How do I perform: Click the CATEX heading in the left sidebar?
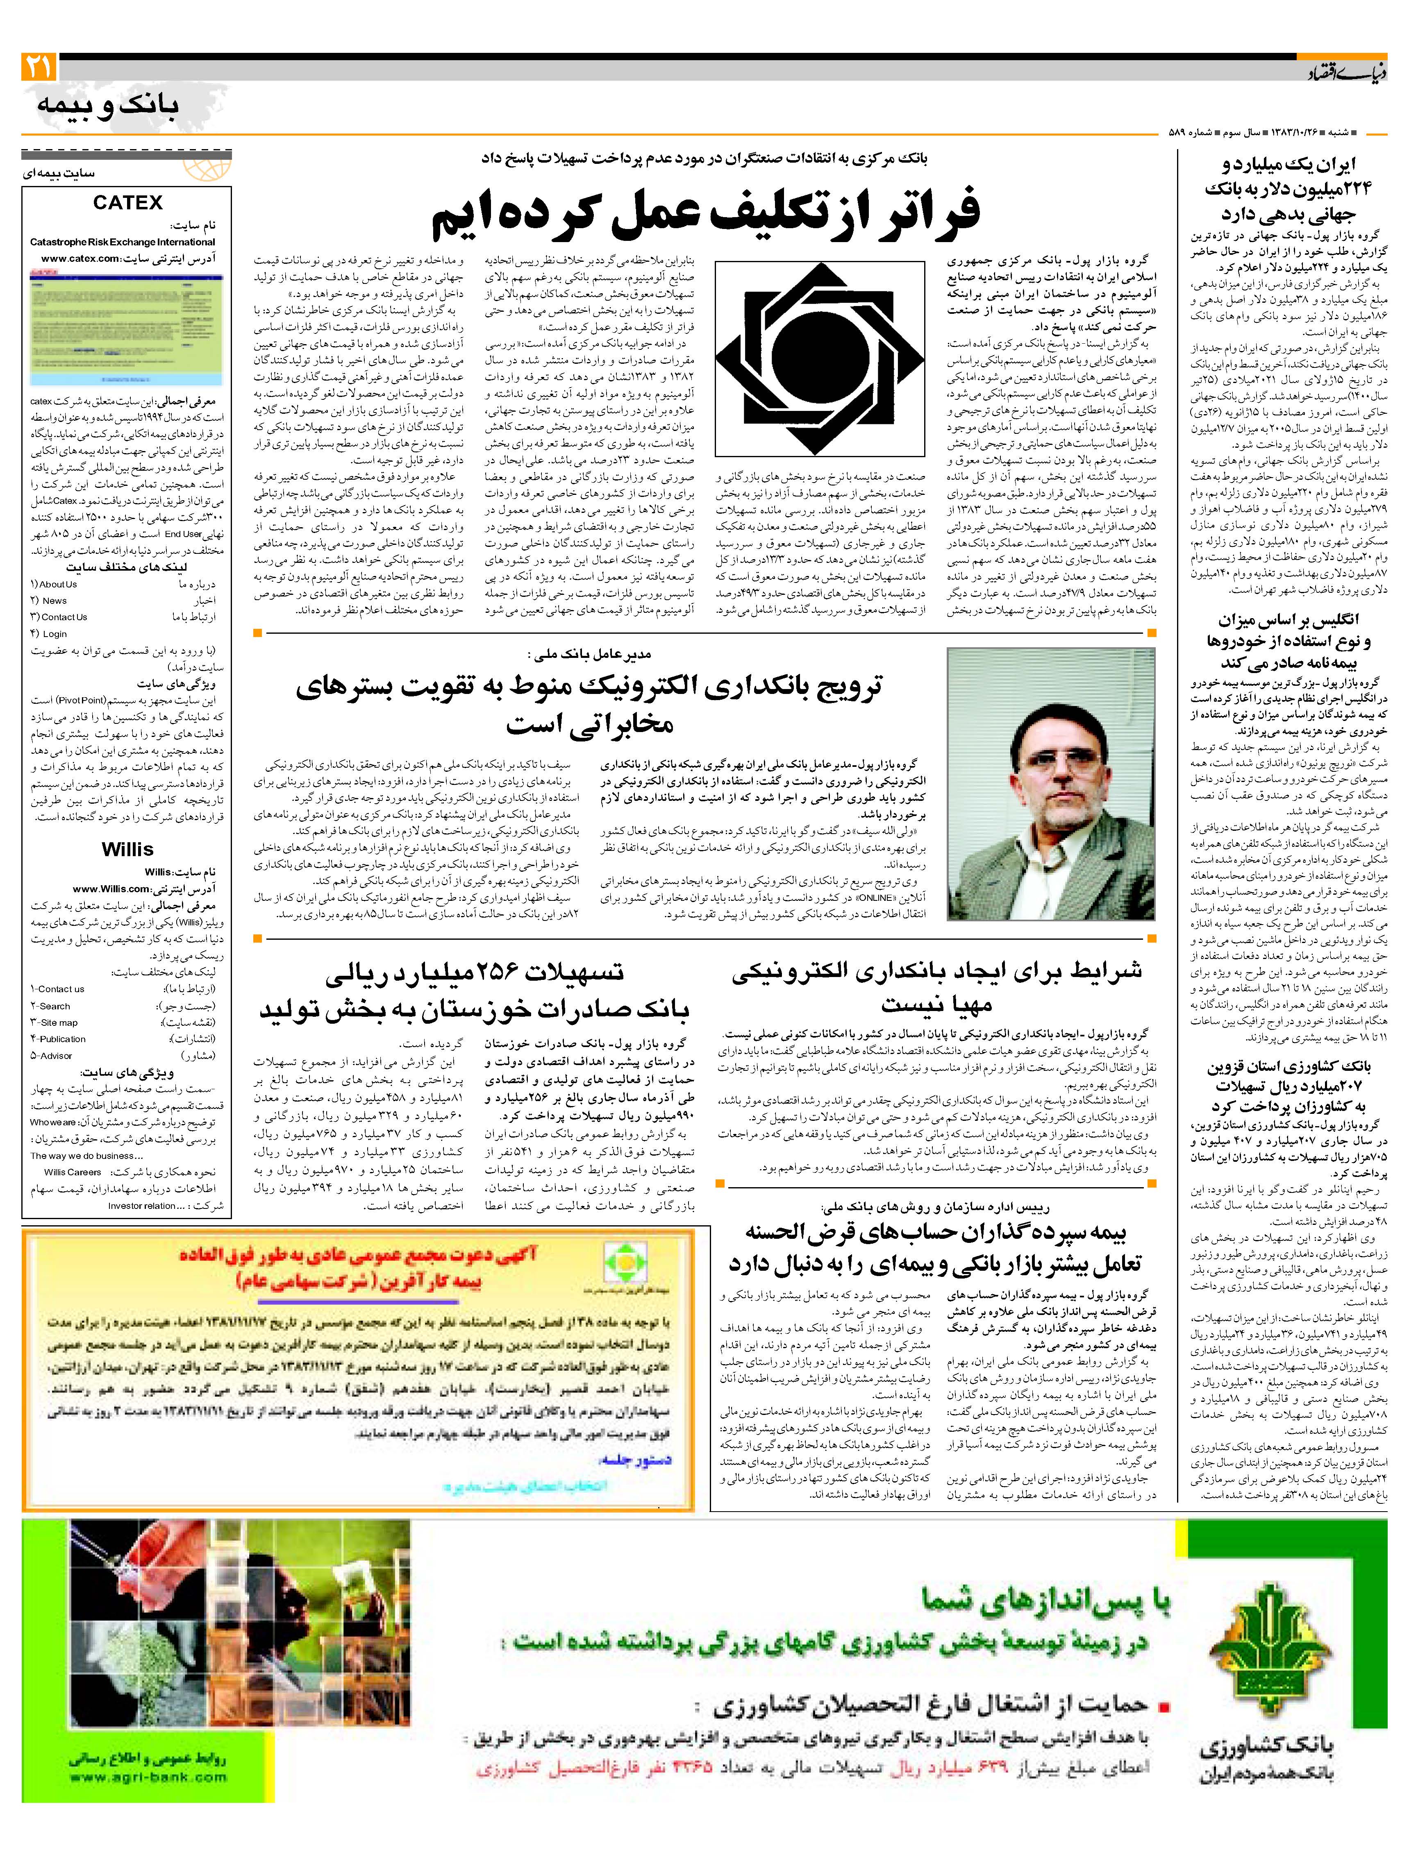point(128,202)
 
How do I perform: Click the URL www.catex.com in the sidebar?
point(80,259)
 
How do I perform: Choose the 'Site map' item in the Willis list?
point(59,1023)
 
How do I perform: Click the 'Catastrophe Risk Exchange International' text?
point(123,242)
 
